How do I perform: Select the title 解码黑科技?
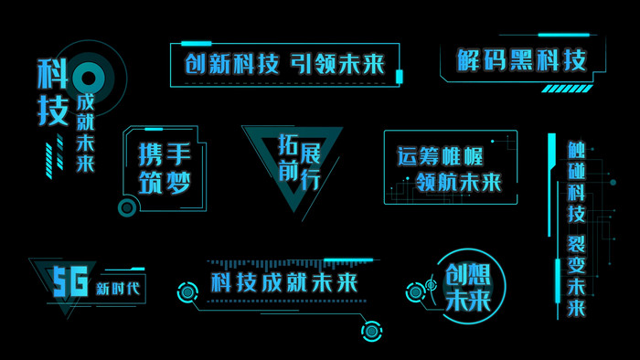coord(522,60)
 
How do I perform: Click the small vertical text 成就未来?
coord(85,132)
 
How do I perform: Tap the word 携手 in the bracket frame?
coord(165,152)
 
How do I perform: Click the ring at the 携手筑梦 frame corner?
coord(127,207)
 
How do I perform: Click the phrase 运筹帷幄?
coord(438,154)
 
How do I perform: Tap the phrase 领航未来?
coord(458,183)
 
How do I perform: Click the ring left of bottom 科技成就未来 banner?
coord(187,292)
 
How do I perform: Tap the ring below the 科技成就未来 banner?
coord(370,330)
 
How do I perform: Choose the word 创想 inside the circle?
coord(467,274)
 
